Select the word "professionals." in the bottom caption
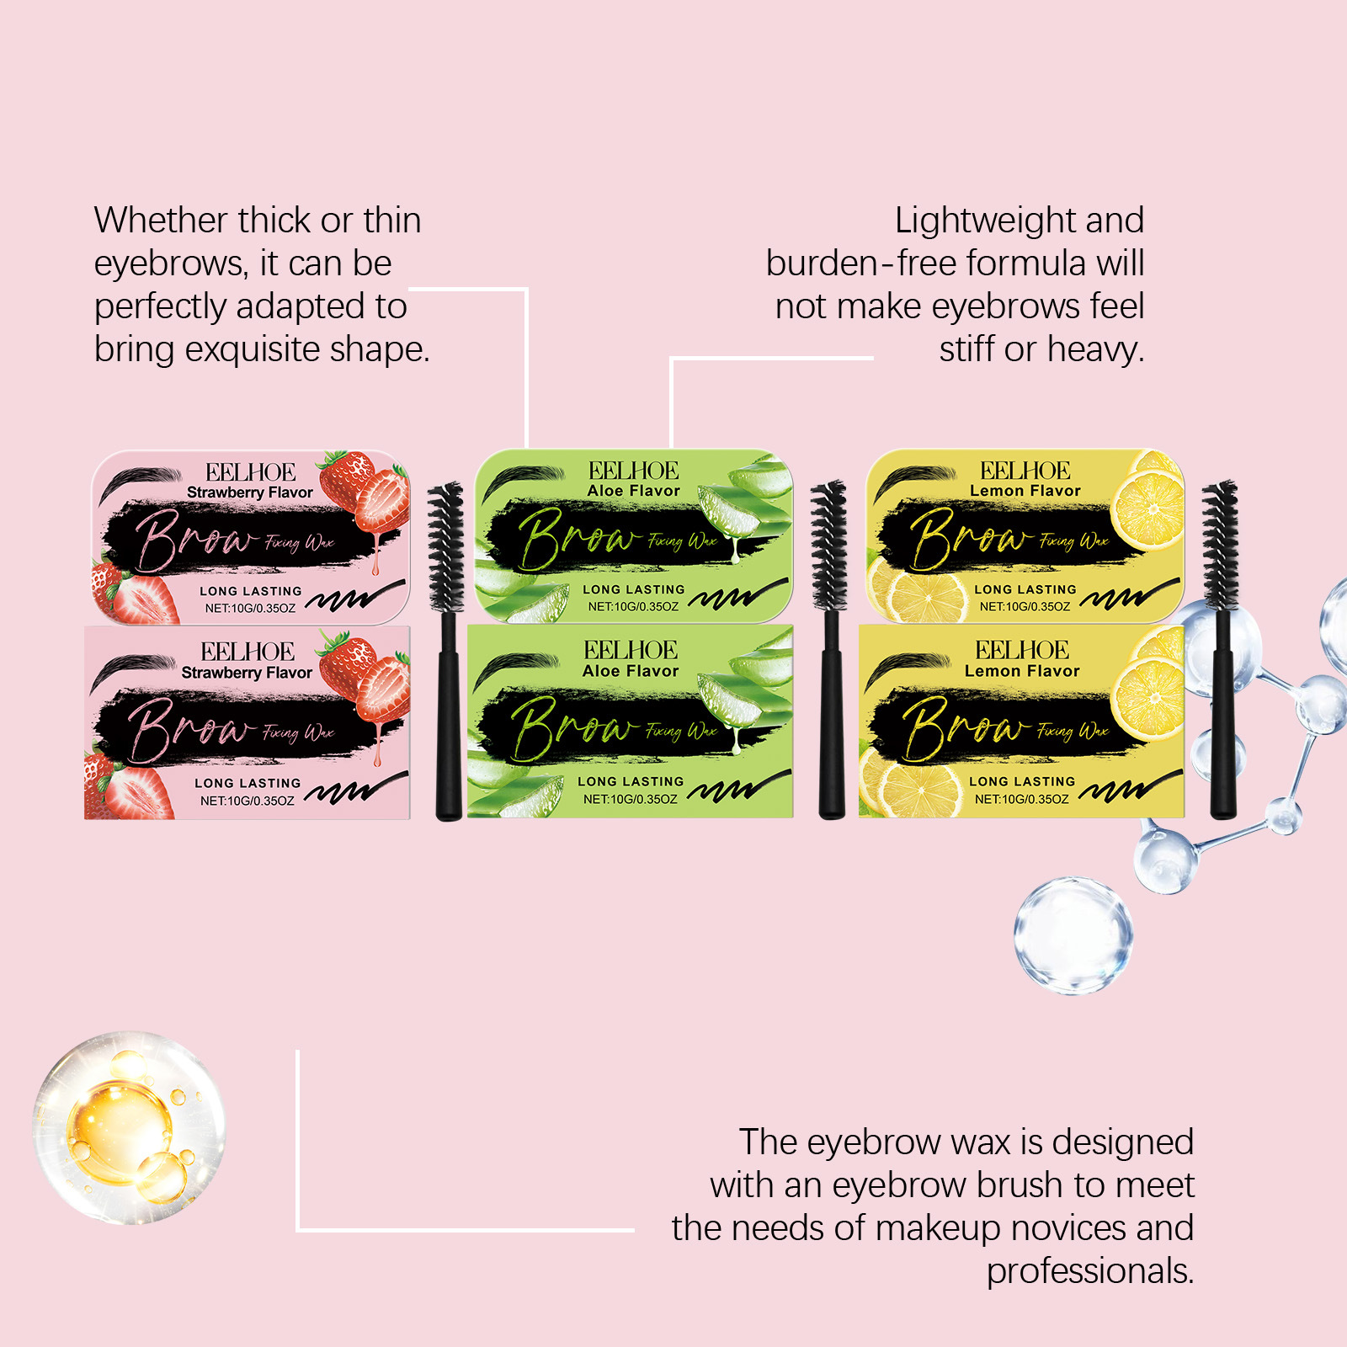(x=1089, y=1271)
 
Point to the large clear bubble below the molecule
(x=1073, y=934)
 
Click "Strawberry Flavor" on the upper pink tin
(x=249, y=492)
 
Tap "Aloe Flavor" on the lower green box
(x=630, y=671)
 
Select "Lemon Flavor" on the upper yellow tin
(x=1025, y=491)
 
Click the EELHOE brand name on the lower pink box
(x=248, y=652)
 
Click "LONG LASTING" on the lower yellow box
(x=1021, y=781)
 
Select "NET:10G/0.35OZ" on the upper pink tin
(x=250, y=608)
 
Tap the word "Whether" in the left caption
(x=160, y=221)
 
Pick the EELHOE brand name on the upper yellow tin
(x=1025, y=471)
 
